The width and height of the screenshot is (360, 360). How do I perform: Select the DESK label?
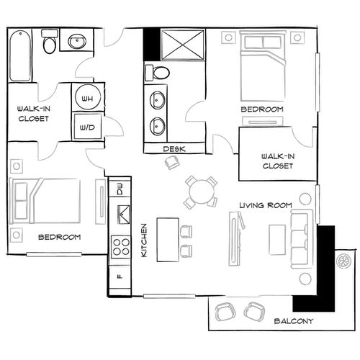[174, 149]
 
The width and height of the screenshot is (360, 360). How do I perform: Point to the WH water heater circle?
[87, 98]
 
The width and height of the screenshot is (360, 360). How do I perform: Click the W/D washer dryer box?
[87, 126]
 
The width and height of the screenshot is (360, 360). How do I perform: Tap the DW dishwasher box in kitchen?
[120, 189]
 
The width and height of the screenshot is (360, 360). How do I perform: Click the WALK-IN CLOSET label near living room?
[277, 161]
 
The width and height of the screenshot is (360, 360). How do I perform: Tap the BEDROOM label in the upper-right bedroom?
[261, 109]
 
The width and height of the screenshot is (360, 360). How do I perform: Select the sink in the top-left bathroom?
[76, 42]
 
